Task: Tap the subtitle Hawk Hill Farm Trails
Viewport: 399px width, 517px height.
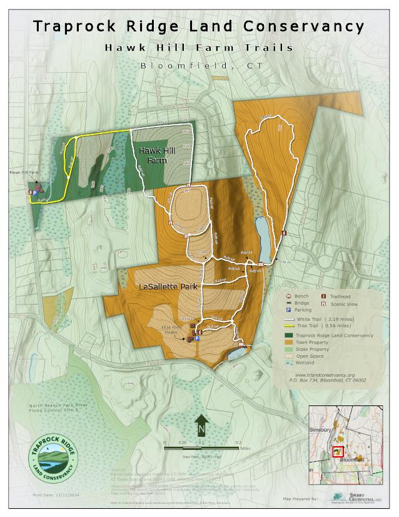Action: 199,48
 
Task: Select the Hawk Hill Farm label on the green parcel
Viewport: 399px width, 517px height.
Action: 153,155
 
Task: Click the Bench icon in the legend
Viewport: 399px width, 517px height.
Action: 288,296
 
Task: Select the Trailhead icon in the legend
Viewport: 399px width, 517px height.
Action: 324,296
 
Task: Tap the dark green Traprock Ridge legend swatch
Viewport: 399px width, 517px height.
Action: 288,335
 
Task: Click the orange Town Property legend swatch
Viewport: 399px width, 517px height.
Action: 288,342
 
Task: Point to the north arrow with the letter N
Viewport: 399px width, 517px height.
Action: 201,426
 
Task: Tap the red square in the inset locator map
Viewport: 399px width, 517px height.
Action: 338,451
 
